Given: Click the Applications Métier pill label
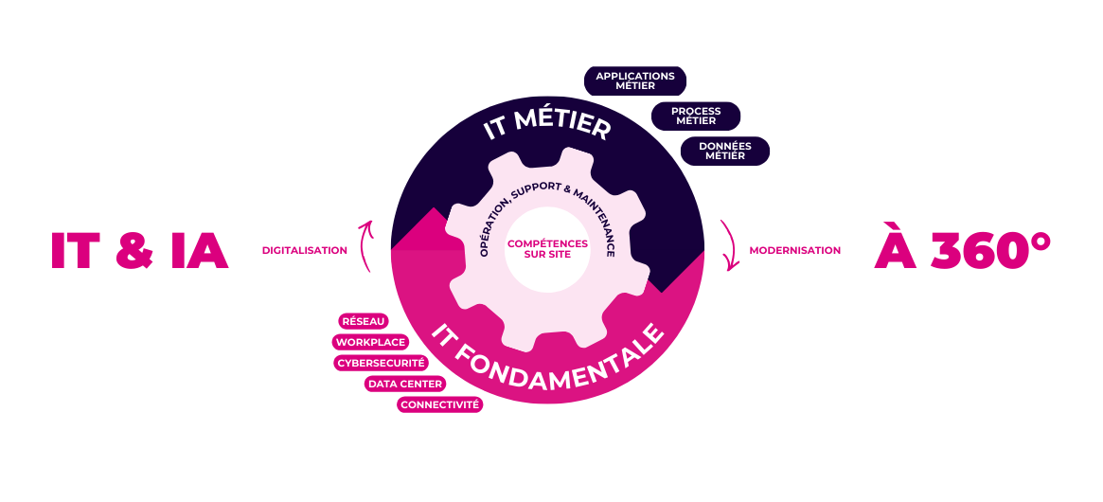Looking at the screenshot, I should [634, 81].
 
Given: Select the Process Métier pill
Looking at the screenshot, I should [696, 116].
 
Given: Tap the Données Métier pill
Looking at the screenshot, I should [725, 151].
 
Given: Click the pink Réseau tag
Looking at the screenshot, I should [364, 322].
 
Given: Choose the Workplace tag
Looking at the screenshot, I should [370, 342].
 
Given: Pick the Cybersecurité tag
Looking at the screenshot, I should [382, 363].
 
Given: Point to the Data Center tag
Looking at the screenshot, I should [405, 384].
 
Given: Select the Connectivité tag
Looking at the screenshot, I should [440, 404].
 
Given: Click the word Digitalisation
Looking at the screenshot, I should [304, 251].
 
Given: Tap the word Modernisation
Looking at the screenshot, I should [794, 251].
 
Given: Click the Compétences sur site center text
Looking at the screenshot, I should [547, 249].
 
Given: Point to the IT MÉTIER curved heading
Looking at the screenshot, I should [547, 126].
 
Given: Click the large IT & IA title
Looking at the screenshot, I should [139, 251].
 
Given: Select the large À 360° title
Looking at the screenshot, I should [961, 249].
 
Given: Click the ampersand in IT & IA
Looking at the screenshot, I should [139, 252].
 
